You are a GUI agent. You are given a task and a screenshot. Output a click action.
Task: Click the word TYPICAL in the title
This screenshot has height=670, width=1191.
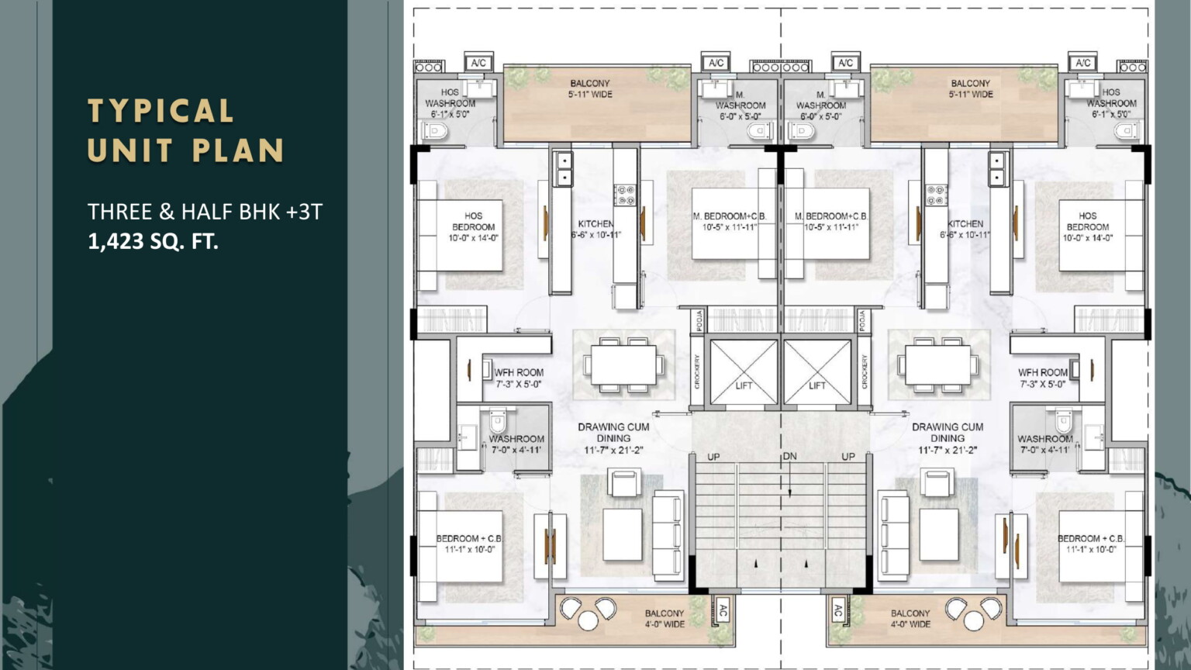(161, 111)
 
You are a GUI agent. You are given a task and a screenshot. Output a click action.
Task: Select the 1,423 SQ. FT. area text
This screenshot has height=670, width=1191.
(153, 241)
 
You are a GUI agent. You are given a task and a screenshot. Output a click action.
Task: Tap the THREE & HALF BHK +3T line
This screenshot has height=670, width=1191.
(205, 211)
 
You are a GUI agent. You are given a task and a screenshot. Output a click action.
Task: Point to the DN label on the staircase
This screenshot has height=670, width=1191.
(789, 456)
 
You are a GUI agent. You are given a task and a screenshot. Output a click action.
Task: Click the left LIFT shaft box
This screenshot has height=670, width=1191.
(744, 371)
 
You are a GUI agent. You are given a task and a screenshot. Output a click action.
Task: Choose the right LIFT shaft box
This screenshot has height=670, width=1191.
(817, 371)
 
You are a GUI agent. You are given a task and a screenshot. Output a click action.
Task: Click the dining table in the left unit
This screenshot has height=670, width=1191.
(623, 364)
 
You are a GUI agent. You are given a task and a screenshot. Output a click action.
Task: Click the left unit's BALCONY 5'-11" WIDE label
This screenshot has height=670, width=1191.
(590, 88)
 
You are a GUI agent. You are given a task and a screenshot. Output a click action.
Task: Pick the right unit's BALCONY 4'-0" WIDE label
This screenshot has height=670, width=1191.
(910, 618)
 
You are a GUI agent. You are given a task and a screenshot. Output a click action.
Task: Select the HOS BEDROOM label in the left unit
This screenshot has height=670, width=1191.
(473, 226)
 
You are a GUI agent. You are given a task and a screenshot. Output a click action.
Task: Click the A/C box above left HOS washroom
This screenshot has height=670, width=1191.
(478, 63)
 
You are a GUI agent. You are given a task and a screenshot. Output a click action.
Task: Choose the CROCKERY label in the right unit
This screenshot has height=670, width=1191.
(865, 371)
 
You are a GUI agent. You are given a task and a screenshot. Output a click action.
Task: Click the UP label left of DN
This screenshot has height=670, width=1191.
(713, 457)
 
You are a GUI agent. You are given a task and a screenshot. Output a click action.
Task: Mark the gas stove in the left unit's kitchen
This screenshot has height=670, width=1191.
(625, 195)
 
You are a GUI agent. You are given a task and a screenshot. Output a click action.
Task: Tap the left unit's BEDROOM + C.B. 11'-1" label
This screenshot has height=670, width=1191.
(469, 544)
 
